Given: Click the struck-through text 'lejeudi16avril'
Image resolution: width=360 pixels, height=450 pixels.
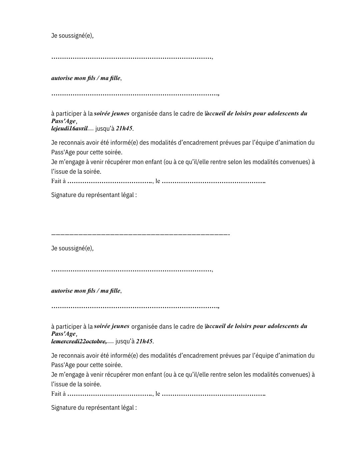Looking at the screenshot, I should tap(69, 128).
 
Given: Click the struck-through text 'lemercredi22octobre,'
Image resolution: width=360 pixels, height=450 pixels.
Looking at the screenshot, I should tap(79, 341).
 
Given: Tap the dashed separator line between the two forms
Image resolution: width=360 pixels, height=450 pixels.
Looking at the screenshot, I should tap(140, 235).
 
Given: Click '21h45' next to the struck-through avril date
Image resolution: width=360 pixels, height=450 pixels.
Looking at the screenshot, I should tap(124, 128).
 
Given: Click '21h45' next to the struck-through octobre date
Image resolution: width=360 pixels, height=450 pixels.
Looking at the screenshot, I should tap(144, 341).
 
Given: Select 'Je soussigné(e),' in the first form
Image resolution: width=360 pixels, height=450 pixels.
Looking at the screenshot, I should tap(72, 36).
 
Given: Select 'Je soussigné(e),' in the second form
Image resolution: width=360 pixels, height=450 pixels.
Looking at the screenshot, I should tap(72, 248).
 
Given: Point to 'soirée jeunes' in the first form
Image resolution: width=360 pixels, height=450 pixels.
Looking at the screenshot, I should tap(112, 113).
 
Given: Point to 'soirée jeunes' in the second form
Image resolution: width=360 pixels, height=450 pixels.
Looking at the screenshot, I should tap(112, 326).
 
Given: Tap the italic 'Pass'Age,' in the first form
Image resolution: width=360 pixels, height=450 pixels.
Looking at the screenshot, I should tap(64, 121).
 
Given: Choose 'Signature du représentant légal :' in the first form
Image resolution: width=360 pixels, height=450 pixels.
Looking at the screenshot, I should tap(94, 195).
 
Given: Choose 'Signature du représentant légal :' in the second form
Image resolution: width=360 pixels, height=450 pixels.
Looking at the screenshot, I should tap(94, 408).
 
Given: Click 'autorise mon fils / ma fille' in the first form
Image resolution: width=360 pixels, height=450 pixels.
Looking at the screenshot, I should tap(86, 78).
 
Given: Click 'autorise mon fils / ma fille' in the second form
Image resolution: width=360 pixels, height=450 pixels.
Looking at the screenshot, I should tap(86, 291).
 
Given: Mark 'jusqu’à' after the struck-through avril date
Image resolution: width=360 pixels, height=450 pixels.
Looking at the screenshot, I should tap(105, 129).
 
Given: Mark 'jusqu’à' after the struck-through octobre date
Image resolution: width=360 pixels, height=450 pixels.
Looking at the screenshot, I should tap(125, 341).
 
